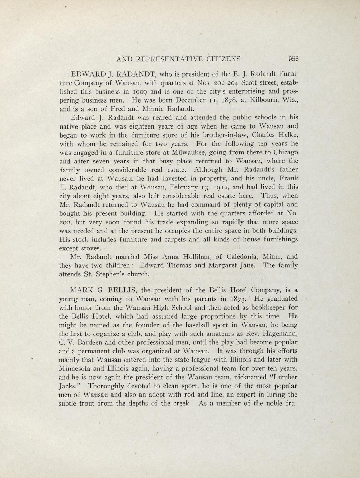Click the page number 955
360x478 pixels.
[x=292, y=59]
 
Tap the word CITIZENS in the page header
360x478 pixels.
[x=224, y=59]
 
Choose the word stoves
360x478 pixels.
[x=91, y=248]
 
